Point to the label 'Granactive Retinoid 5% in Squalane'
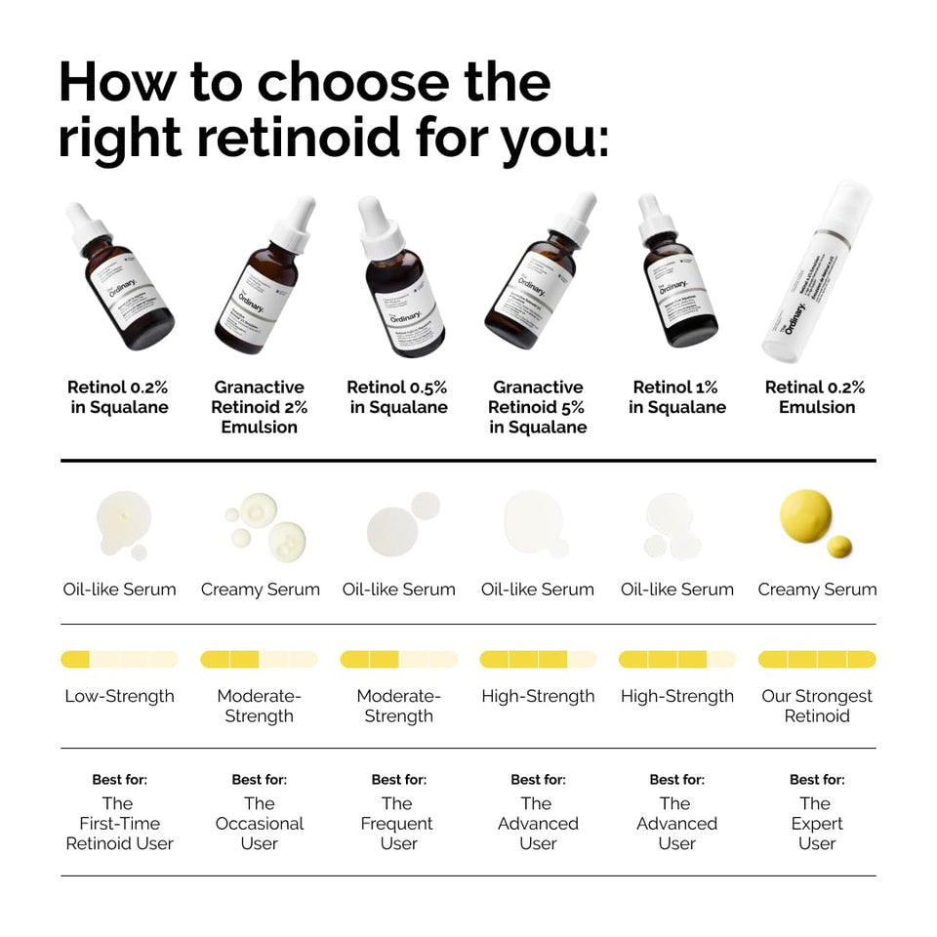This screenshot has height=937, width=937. coord(538,407)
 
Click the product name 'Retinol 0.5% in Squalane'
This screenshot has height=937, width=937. coord(397,397)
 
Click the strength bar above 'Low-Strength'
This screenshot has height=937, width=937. coord(119,660)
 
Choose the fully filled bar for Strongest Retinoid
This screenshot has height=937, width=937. coord(816,660)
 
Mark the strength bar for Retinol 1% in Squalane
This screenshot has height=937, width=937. coord(676,660)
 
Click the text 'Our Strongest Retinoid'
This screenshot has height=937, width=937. coord(816,706)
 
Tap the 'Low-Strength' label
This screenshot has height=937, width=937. coord(119,696)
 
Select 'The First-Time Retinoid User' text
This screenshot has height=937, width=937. coord(119,823)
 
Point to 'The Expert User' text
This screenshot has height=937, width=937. coord(816,823)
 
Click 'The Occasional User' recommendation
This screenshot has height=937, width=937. coord(259,823)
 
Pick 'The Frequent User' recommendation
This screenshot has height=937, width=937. coord(397,823)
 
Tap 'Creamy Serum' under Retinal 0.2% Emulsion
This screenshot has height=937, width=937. coord(816,590)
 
